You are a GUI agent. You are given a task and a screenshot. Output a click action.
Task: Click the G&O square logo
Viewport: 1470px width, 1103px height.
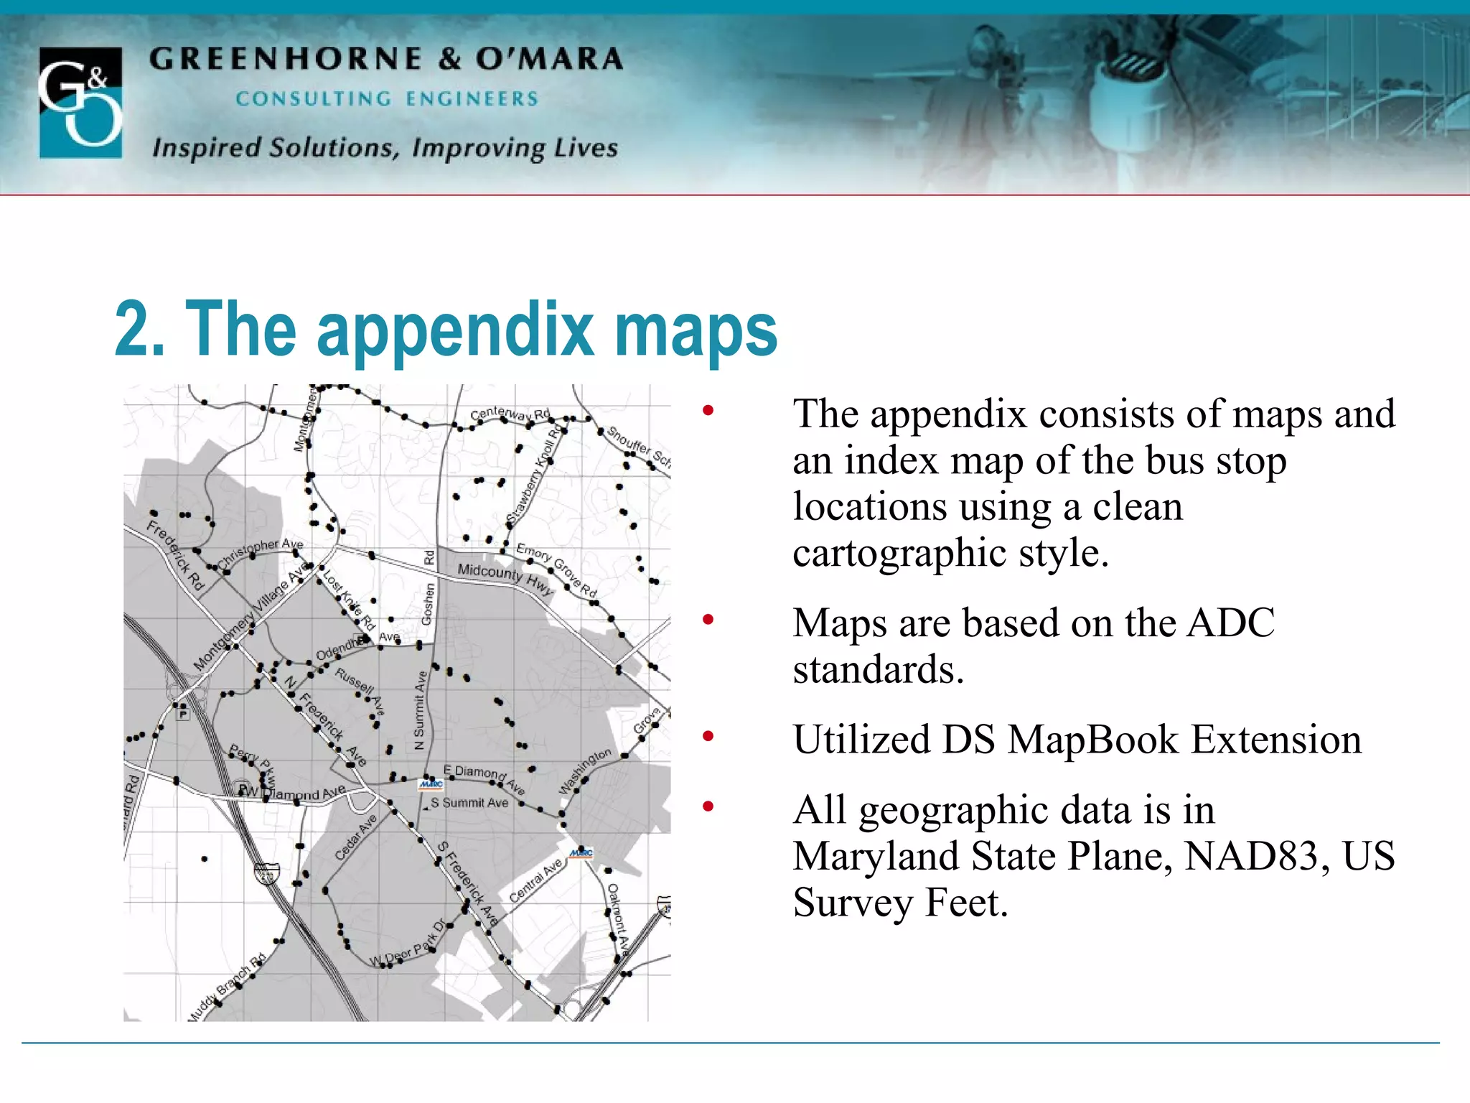[x=80, y=102]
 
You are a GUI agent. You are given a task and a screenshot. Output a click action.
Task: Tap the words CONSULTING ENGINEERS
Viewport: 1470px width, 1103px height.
[x=387, y=99]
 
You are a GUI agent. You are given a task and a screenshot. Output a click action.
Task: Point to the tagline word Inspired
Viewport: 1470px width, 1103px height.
[x=207, y=148]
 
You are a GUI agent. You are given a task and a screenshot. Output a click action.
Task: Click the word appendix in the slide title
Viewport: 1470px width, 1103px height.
[x=455, y=330]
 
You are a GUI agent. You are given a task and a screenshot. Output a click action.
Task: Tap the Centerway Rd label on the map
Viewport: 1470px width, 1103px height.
[x=510, y=414]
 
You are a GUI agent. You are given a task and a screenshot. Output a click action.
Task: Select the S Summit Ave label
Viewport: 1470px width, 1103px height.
[x=469, y=803]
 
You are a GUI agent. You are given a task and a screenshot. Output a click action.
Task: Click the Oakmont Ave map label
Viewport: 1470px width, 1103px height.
[x=618, y=919]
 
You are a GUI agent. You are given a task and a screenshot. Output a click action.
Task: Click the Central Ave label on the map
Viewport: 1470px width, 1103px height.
[x=535, y=880]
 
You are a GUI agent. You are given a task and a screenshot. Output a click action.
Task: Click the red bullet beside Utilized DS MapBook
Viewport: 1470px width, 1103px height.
[x=708, y=736]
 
